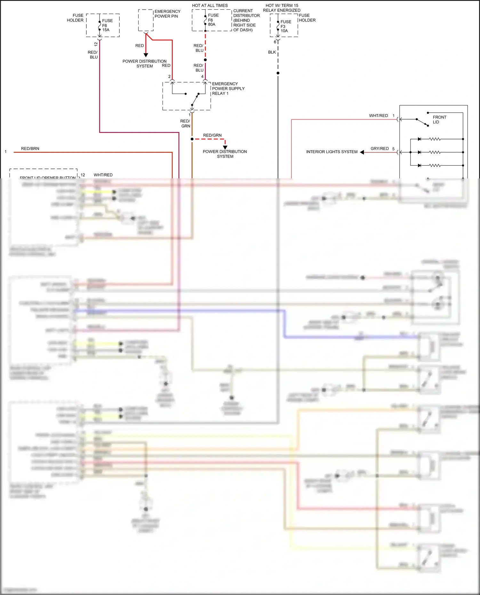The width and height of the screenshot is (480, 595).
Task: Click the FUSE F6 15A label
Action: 107,25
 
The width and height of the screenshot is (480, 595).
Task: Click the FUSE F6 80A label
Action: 213,20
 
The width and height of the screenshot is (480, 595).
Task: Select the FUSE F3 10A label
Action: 285,26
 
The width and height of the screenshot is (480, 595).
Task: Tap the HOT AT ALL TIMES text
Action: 210,5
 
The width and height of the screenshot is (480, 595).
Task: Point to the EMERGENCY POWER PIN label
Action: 167,14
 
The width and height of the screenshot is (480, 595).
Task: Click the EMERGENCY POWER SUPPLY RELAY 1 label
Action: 228,89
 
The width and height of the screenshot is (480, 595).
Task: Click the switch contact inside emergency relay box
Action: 195,99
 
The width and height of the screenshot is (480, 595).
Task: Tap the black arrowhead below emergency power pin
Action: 146,55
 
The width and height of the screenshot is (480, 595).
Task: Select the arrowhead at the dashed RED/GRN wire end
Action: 225,147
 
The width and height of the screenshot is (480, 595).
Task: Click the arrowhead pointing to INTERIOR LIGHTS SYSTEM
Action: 362,152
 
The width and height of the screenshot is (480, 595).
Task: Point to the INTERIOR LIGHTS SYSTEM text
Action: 332,152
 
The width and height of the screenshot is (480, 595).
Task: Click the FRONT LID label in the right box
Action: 439,120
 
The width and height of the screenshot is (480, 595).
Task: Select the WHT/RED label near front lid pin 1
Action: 378,116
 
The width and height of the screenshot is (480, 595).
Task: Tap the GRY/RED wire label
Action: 380,149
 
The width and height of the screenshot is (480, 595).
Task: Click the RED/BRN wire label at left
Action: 30,149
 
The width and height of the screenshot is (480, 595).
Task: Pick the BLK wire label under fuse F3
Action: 272,52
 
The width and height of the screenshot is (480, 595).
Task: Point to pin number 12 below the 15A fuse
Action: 96,44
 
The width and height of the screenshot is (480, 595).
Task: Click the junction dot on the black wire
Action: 278,73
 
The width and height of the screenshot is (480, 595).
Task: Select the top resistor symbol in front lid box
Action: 435,139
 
